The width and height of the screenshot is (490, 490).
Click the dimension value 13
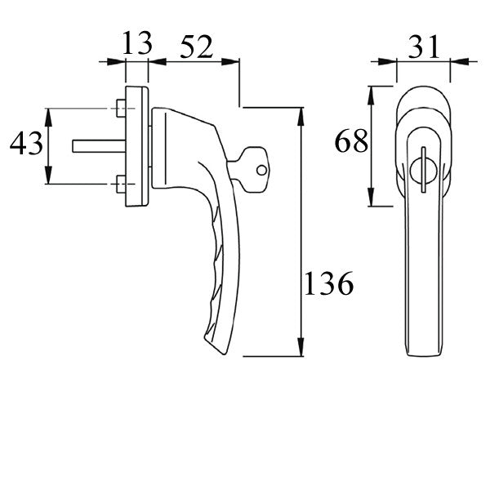click(137, 44)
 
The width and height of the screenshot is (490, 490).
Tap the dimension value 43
click(25, 146)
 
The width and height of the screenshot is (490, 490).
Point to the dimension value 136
click(329, 283)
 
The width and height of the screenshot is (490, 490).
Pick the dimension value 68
click(351, 142)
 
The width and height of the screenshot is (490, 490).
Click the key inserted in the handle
click(249, 171)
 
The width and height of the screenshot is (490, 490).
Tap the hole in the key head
click(261, 171)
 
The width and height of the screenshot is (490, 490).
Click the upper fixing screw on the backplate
click(120, 109)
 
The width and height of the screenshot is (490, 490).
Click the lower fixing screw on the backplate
click(120, 183)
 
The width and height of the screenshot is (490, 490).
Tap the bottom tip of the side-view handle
click(214, 350)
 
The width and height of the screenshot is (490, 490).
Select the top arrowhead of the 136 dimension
click(302, 114)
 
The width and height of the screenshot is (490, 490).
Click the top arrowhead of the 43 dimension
click(48, 115)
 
